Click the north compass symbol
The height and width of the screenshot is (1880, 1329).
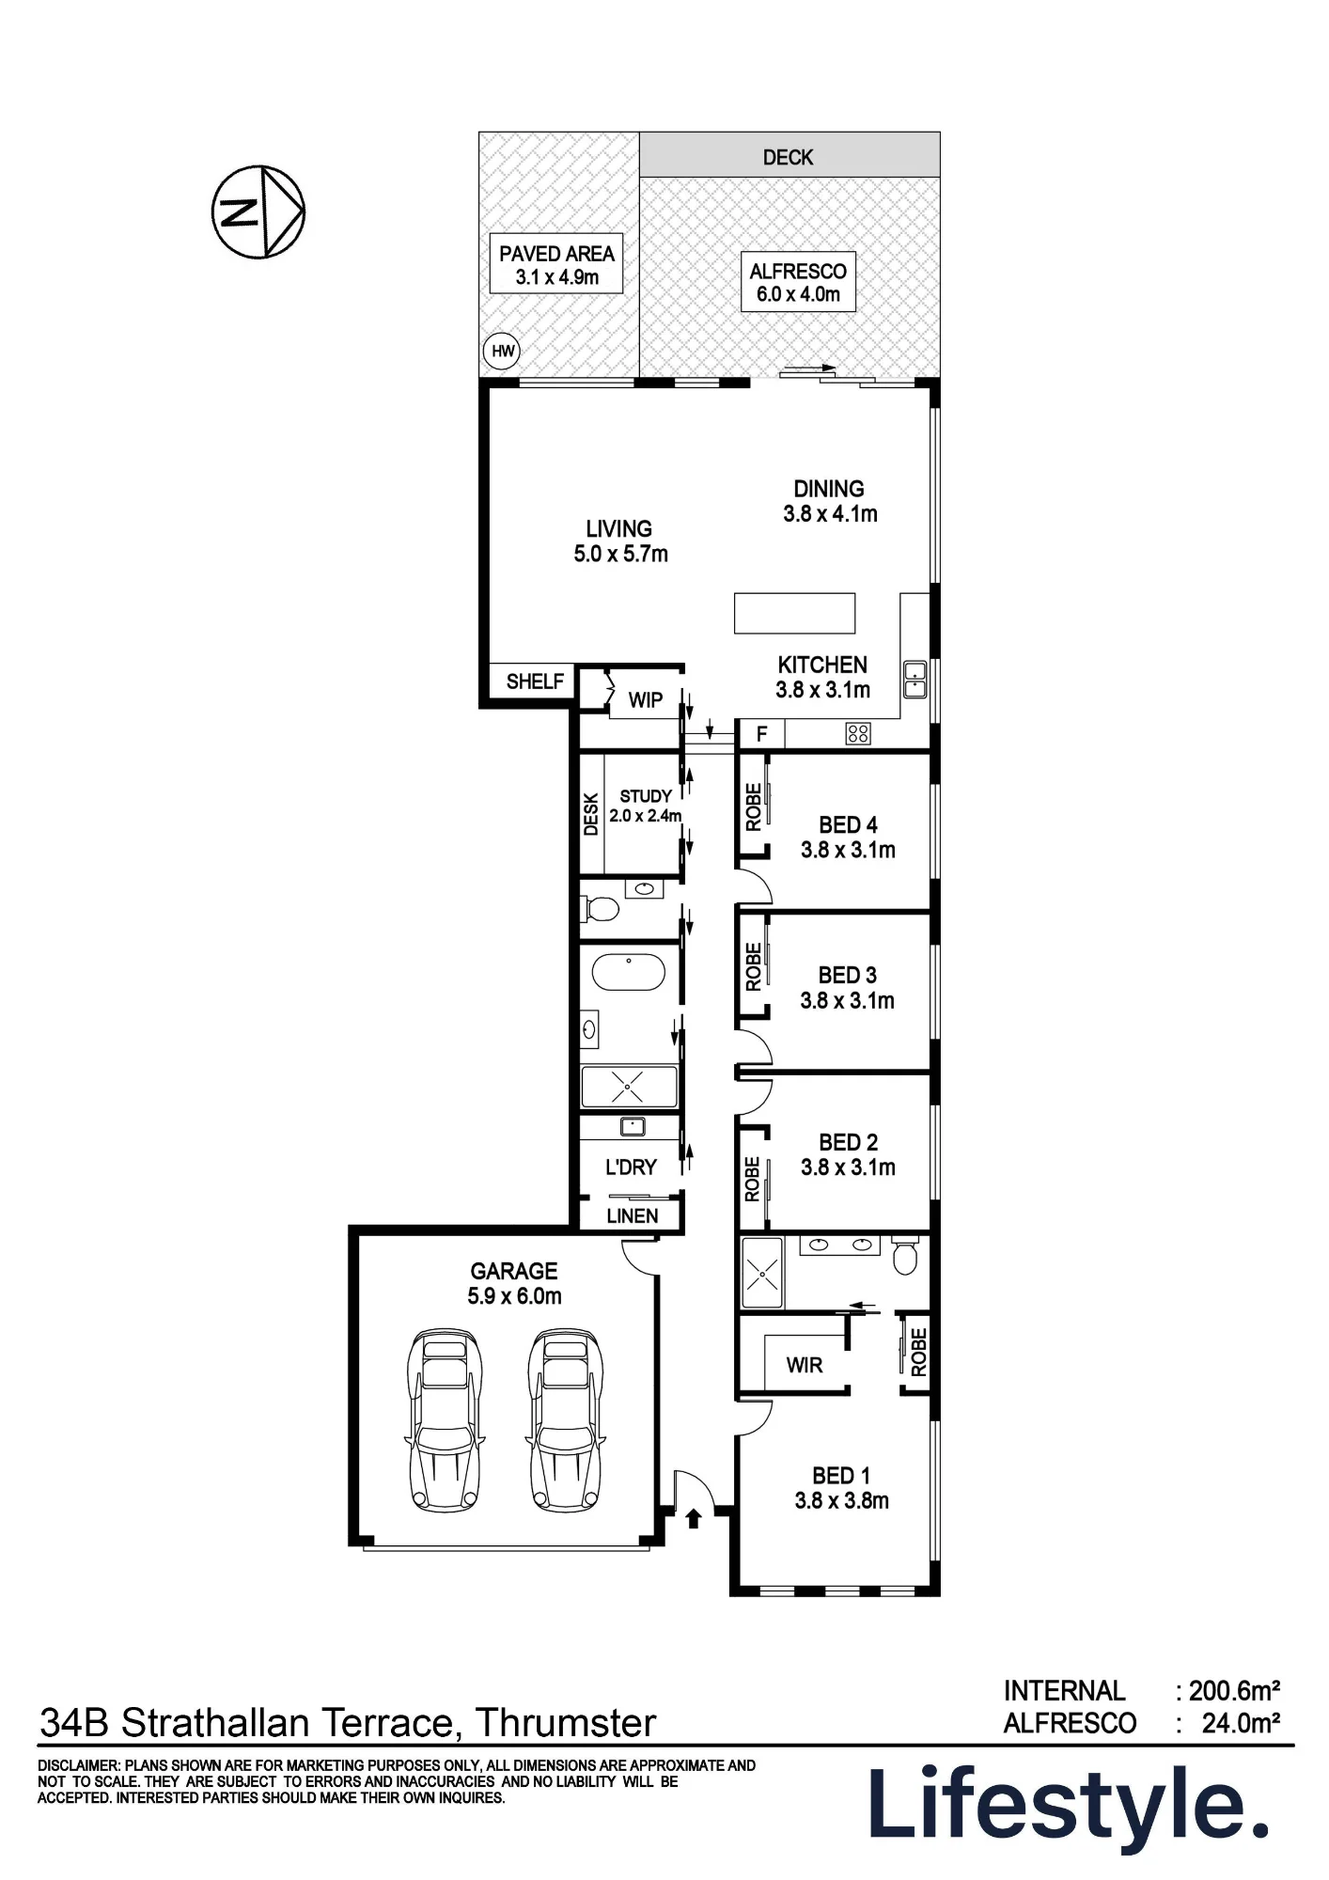tap(258, 211)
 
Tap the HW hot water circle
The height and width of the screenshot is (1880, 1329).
tap(502, 352)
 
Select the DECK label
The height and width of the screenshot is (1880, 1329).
tap(788, 157)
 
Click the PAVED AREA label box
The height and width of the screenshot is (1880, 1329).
tap(556, 264)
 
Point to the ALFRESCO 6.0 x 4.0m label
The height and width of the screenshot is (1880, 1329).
tap(798, 282)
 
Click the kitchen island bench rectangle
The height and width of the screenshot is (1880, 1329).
tap(794, 613)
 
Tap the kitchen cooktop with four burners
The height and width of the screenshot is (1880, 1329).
tap(858, 733)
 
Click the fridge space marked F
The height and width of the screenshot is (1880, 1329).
tap(762, 734)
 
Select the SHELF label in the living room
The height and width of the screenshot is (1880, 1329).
tap(535, 681)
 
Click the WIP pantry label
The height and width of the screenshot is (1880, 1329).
tap(646, 700)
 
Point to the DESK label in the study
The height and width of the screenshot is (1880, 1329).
tap(591, 814)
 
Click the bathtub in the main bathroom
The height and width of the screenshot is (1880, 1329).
tap(629, 973)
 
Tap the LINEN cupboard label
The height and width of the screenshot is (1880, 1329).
tap(632, 1216)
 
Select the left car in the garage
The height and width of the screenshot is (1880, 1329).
tap(444, 1420)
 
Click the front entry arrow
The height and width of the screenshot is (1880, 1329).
tap(694, 1517)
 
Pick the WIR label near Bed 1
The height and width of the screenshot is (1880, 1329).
tap(805, 1365)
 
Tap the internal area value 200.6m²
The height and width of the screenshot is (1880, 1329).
tap(1234, 1691)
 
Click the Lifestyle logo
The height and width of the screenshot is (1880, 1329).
tap(1069, 1806)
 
